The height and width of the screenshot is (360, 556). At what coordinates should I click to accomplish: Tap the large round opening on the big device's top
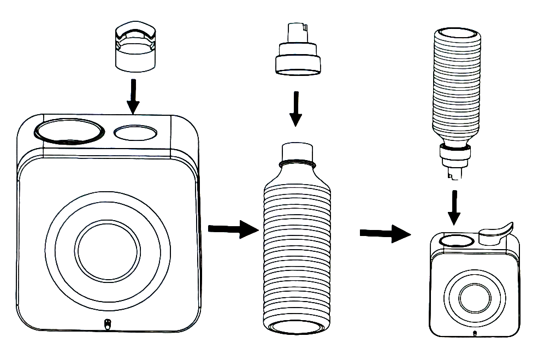tap(68, 131)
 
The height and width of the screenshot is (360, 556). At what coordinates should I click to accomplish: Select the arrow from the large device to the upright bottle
tap(232, 229)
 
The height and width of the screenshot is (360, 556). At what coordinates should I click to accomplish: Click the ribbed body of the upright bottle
tap(298, 251)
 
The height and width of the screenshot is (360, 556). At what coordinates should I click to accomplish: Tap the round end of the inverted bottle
tap(458, 35)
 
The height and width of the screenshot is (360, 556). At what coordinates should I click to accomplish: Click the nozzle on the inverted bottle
tap(456, 164)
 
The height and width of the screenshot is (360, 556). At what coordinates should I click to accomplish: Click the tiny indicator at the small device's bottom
tap(474, 332)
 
